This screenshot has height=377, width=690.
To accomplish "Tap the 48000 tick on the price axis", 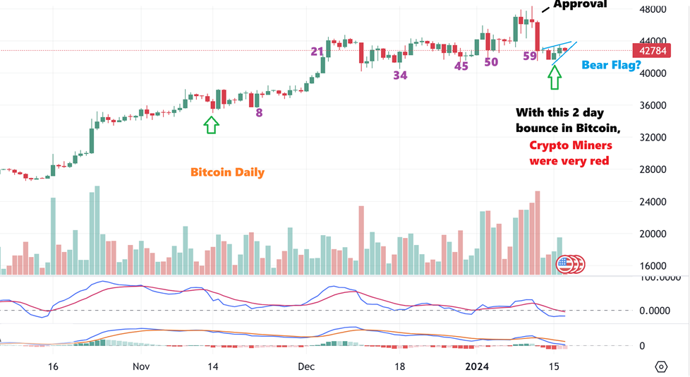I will pyautogui.click(x=653, y=9).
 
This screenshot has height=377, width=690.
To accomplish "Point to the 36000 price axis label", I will pyautogui.click(x=653, y=105).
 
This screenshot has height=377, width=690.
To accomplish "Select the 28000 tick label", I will pyautogui.click(x=653, y=169).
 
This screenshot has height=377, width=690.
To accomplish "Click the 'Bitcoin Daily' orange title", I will pyautogui.click(x=227, y=172).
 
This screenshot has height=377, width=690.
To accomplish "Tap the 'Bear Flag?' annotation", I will pyautogui.click(x=611, y=65).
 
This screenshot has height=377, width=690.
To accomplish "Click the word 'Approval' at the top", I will pyautogui.click(x=580, y=5).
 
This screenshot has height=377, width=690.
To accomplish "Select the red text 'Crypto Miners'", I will pyautogui.click(x=571, y=145).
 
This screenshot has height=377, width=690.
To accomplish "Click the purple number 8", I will pyautogui.click(x=259, y=112).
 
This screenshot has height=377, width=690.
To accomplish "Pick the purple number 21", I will pyautogui.click(x=317, y=52).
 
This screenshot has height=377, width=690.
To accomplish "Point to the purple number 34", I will pyautogui.click(x=400, y=75).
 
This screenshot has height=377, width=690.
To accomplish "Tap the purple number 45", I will pyautogui.click(x=461, y=66).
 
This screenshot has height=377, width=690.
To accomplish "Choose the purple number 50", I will pyautogui.click(x=491, y=62).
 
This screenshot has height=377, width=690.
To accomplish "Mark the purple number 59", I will pyautogui.click(x=530, y=56).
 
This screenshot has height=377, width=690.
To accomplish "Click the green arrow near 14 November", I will pyautogui.click(x=211, y=125).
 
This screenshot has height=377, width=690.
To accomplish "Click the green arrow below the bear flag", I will pyautogui.click(x=555, y=77).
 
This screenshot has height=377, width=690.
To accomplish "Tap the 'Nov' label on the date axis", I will pyautogui.click(x=141, y=366).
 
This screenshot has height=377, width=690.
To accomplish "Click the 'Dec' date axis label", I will pyautogui.click(x=305, y=366).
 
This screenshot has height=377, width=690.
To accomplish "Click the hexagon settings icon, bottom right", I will pyautogui.click(x=661, y=366).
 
